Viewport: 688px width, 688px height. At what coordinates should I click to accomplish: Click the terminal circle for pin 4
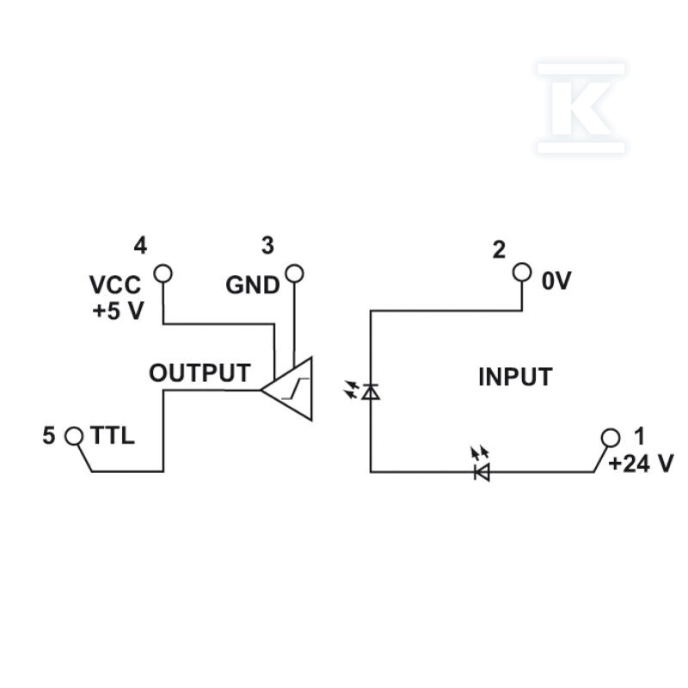click(163, 273)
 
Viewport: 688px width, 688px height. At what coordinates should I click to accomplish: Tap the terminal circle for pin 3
click(294, 273)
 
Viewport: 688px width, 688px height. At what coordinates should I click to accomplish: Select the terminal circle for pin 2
click(522, 272)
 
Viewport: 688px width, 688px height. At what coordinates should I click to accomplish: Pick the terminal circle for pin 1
click(611, 438)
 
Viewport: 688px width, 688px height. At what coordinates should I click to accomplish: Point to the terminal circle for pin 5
click(74, 436)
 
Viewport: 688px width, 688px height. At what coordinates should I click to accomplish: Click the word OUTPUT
click(200, 373)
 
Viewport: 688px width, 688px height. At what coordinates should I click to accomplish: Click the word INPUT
click(515, 377)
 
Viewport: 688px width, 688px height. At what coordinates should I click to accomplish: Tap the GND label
click(253, 286)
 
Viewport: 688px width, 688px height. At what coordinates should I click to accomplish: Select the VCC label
click(115, 285)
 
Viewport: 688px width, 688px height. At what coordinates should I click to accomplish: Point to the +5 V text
click(118, 311)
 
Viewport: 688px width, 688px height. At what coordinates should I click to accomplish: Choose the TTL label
click(113, 436)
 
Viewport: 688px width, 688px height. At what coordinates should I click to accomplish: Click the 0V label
click(556, 281)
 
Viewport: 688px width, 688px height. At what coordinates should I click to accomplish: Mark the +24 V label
click(641, 464)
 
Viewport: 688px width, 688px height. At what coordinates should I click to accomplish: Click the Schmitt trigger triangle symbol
click(287, 389)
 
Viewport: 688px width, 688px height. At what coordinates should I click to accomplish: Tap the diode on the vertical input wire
click(371, 391)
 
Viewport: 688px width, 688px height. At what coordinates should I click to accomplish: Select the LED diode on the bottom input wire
click(482, 472)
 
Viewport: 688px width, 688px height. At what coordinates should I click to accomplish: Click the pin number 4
click(140, 246)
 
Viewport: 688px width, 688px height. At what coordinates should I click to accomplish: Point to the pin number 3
click(267, 246)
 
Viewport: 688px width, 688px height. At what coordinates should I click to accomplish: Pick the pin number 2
click(499, 250)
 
